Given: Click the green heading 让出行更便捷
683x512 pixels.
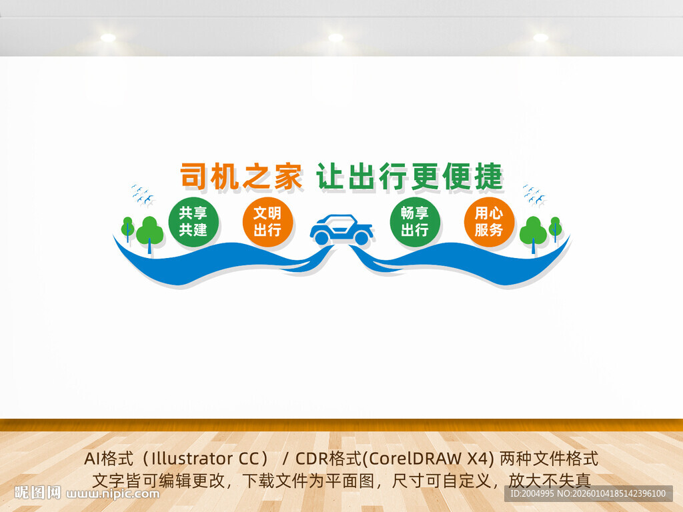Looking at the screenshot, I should tap(409, 177).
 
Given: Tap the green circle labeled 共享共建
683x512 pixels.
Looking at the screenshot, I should tap(193, 222).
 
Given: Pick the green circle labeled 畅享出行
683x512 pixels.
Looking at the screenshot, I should tap(415, 222).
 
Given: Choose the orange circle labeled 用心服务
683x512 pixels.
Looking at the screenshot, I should tap(489, 222).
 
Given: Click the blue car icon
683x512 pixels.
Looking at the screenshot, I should tap(341, 230).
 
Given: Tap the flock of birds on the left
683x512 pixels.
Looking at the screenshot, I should tap(143, 194).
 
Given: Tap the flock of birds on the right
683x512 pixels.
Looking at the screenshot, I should tap(534, 194).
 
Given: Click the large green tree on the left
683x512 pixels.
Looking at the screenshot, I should tap(149, 232).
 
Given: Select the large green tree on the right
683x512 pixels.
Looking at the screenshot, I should tap(533, 232).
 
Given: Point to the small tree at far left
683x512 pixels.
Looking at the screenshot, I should tap(127, 228).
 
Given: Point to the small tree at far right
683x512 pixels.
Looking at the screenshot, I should tap(555, 228).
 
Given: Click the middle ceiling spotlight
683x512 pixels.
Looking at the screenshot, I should tap(335, 38).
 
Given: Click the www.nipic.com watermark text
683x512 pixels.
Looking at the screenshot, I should tap(113, 494).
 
